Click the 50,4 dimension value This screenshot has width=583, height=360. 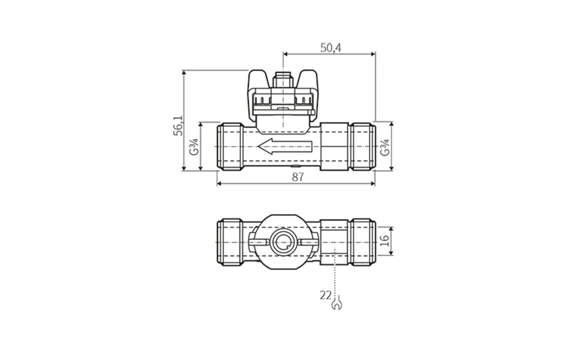click(x=330, y=48)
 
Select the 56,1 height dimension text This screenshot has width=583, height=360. click(x=178, y=125)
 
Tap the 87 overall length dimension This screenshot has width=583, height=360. click(x=297, y=177)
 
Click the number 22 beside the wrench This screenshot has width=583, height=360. click(x=326, y=295)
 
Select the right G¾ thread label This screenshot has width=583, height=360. click(x=385, y=147)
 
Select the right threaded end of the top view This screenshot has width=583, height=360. click(x=362, y=146)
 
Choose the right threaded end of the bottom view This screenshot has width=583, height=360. click(x=362, y=241)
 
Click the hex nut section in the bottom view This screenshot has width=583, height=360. click(x=334, y=241)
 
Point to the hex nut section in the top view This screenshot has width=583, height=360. click(x=334, y=146)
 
